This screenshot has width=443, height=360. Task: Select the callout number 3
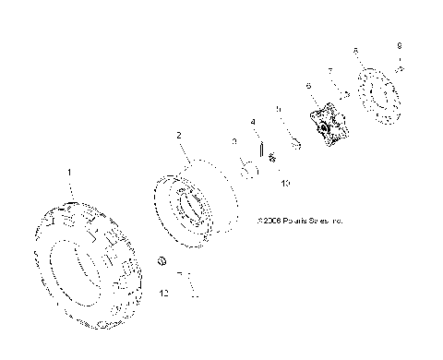click(x=234, y=140)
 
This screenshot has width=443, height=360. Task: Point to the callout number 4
click(x=252, y=122)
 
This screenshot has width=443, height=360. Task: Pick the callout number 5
click(x=278, y=109)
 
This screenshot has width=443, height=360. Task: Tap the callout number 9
click(x=399, y=44)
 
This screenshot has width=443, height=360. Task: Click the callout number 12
click(x=164, y=294)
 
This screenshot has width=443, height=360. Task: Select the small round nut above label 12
click(x=161, y=263)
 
